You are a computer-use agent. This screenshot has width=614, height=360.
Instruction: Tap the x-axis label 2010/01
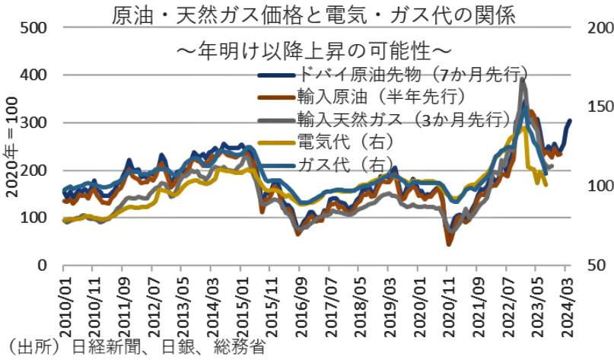64,304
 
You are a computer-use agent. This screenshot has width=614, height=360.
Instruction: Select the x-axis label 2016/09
300,304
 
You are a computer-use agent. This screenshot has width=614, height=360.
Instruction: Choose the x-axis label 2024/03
566,304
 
